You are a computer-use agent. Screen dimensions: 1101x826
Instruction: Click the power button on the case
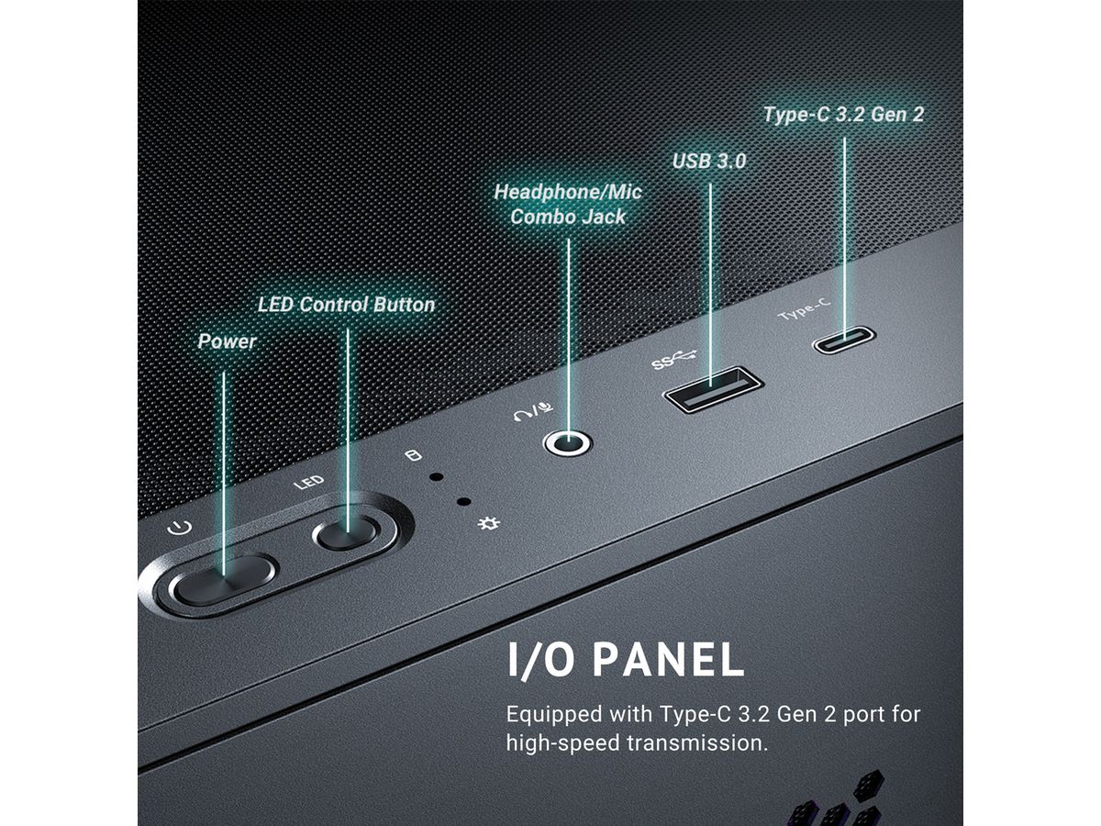tap(223, 580)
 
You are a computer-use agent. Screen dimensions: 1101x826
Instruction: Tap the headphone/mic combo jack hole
tap(567, 443)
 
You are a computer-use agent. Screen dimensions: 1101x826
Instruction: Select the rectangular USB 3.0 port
tap(713, 390)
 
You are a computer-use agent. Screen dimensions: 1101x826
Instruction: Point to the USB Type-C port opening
tap(844, 340)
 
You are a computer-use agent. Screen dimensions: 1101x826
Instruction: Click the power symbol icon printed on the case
tap(180, 528)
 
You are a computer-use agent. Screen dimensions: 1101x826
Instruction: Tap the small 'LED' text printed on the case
tap(308, 483)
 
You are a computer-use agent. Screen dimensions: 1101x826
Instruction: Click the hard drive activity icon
tap(413, 456)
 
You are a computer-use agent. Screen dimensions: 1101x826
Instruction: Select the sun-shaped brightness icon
tap(488, 524)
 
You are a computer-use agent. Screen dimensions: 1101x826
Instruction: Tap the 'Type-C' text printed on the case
tap(804, 309)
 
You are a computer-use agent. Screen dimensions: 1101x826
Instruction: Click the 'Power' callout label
tap(228, 341)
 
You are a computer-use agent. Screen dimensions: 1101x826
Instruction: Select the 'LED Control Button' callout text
tap(346, 305)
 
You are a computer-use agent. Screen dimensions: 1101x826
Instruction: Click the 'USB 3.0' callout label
tap(709, 161)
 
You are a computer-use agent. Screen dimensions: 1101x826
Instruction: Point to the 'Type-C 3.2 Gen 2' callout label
tap(844, 115)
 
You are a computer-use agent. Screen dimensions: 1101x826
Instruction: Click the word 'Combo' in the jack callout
tap(541, 218)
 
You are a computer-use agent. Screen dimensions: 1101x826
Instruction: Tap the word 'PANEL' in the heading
tap(669, 660)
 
